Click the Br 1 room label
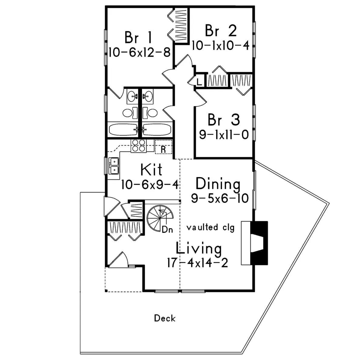point(138,37)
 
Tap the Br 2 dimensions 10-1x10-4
point(221,45)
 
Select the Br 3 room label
point(224,119)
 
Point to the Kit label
point(151,170)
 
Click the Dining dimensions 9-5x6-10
point(220,198)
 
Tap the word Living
point(199,249)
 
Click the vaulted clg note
point(211,227)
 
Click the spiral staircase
point(160,217)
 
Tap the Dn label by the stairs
point(167,230)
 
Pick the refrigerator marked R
point(163,147)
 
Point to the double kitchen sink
point(114,166)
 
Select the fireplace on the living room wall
point(254,243)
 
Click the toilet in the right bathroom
point(150,113)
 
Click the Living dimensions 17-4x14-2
point(197,263)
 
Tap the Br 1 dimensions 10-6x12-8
point(140,52)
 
